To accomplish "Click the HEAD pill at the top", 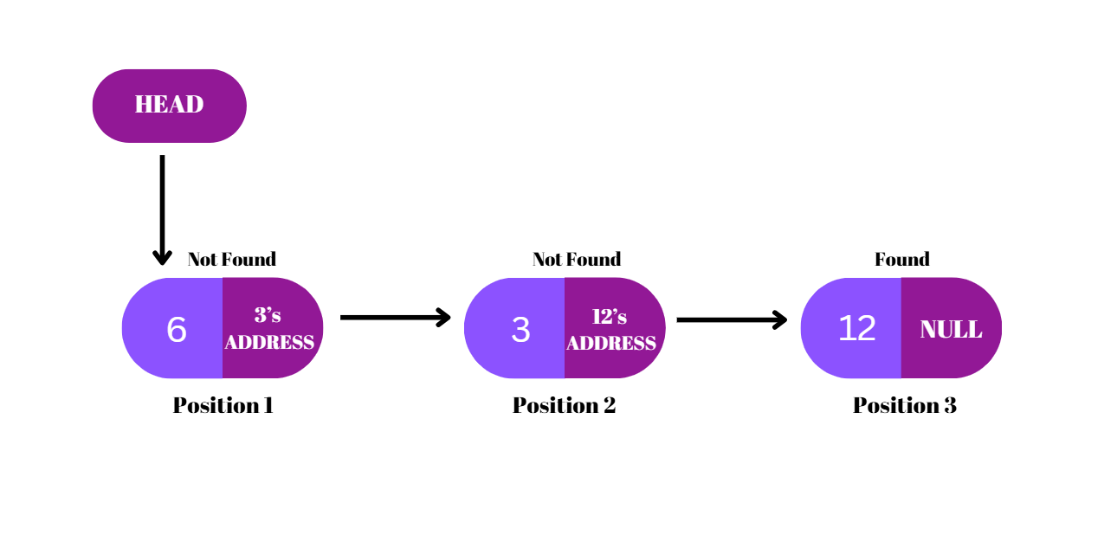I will (x=169, y=106).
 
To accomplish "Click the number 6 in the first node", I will (x=177, y=329).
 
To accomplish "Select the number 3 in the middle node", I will (x=520, y=330).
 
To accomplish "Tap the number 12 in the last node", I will (x=856, y=328).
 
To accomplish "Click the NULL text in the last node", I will (x=951, y=329).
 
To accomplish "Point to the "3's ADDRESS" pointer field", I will (x=270, y=328).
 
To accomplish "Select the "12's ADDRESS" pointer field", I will (x=611, y=329).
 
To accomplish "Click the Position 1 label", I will (x=223, y=405).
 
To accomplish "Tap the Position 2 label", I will (x=564, y=405).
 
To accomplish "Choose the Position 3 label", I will (x=904, y=405).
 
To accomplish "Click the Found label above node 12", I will (x=901, y=259).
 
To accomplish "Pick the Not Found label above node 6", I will (x=231, y=259).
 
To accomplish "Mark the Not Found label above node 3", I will (x=576, y=259).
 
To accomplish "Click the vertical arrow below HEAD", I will (x=162, y=208).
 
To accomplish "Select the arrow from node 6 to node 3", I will (x=394, y=318).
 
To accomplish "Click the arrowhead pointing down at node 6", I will (x=162, y=258).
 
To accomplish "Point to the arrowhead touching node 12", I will (x=780, y=319).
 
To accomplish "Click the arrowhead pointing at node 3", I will (x=444, y=318).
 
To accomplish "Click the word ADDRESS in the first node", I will (x=269, y=342).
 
